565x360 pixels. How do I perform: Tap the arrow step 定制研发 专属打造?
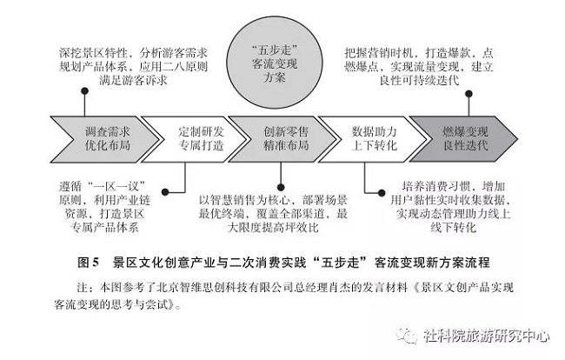click(x=200, y=139)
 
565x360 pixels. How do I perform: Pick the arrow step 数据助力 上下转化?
click(x=374, y=139)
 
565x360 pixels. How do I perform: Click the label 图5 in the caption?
click(x=90, y=261)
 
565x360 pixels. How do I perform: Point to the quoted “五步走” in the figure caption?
click(x=348, y=261)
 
